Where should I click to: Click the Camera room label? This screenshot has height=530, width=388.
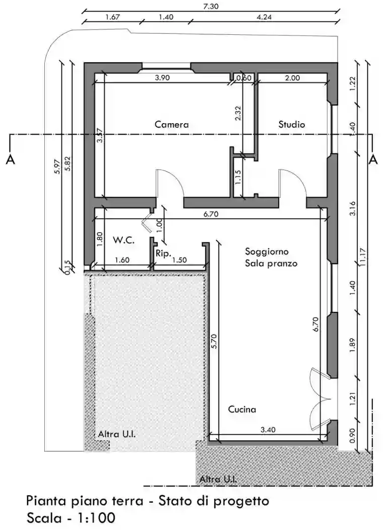coord(171,124)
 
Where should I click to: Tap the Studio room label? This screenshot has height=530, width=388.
coord(292,124)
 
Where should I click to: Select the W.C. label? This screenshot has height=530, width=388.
coord(123,240)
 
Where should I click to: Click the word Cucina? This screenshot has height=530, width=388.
coord(241,409)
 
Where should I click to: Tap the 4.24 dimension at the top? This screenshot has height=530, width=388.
coord(264,17)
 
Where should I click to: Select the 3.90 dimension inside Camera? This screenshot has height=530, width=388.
coord(162,78)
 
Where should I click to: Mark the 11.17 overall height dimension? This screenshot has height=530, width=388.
coord(363,256)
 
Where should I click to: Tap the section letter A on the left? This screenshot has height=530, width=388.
coord(10,160)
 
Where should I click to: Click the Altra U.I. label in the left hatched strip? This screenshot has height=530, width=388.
coord(116,434)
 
